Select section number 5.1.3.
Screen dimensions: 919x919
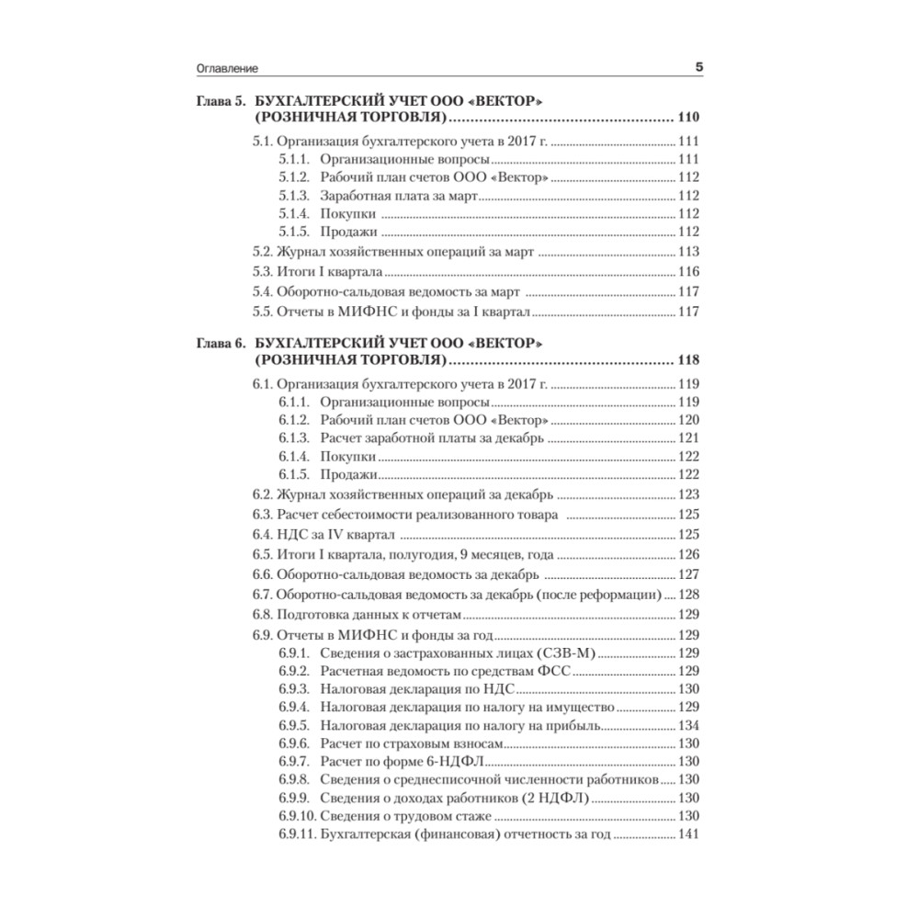pos(292,196)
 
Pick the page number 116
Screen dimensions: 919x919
pos(688,272)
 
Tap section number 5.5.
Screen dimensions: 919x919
pos(263,312)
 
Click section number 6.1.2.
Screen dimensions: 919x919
pos(292,421)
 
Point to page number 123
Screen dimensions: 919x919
pos(688,494)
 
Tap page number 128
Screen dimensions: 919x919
pos(688,595)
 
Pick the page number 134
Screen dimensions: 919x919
pos(688,725)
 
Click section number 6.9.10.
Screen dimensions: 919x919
pos(295,816)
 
